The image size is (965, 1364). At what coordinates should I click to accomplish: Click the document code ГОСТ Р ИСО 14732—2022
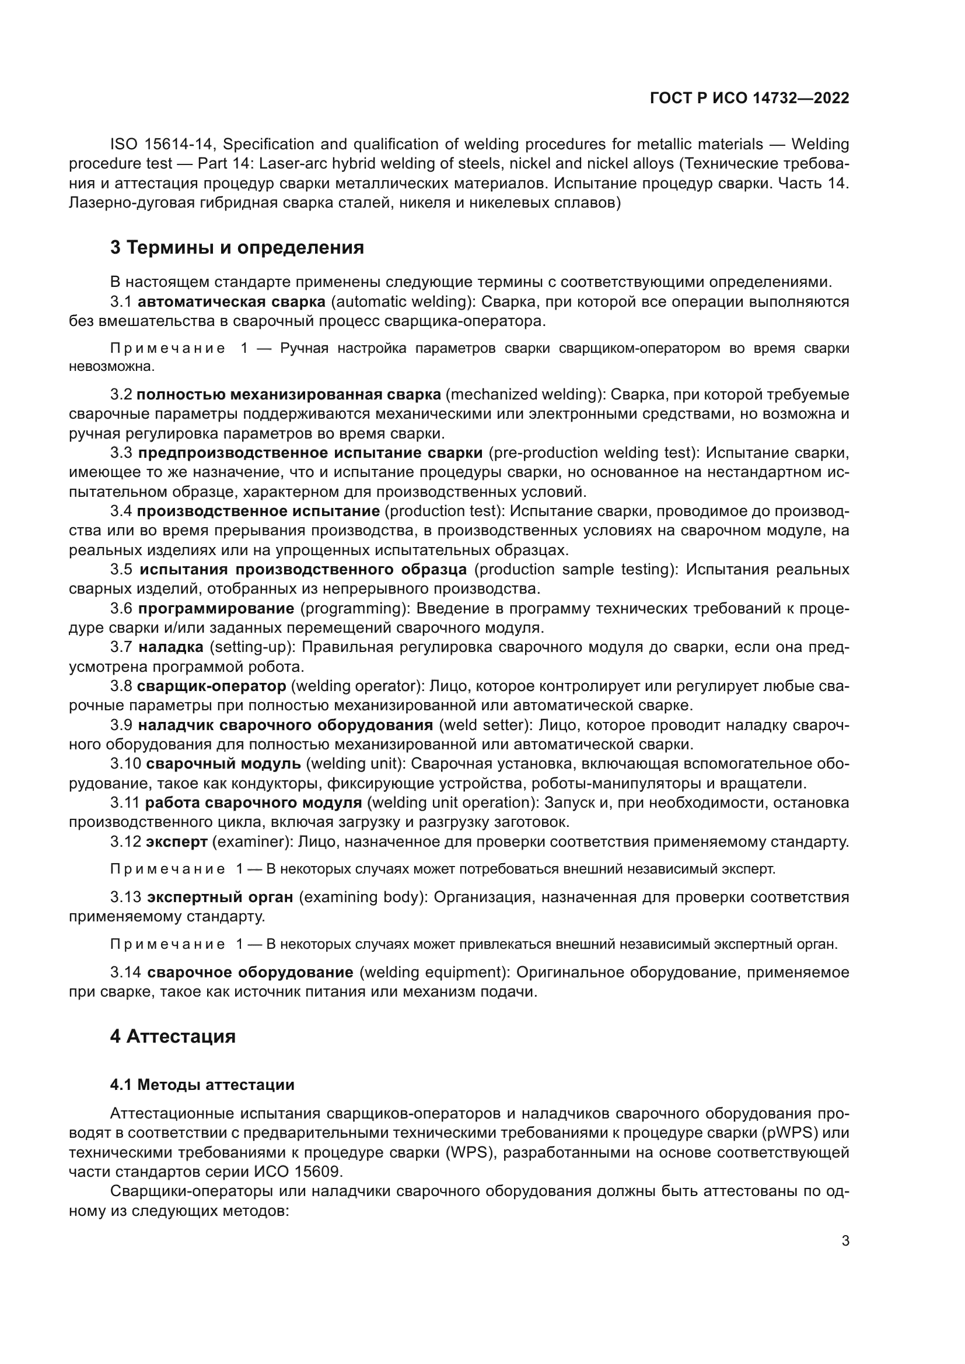749,98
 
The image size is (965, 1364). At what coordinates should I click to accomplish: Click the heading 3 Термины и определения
237,247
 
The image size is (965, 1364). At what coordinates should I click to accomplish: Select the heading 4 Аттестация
173,1036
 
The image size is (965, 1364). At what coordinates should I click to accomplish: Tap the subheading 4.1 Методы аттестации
202,1084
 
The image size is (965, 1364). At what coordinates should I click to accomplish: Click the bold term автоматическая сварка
232,302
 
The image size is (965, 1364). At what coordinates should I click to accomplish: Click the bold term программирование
216,608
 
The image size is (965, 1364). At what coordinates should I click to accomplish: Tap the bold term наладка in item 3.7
171,647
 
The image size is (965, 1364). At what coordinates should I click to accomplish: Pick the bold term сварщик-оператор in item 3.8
212,686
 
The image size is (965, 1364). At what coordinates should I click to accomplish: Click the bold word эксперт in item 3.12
176,841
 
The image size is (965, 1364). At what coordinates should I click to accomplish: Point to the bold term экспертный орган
221,896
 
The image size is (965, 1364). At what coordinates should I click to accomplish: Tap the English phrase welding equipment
433,972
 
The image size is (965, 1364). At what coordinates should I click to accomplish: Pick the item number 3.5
121,569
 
